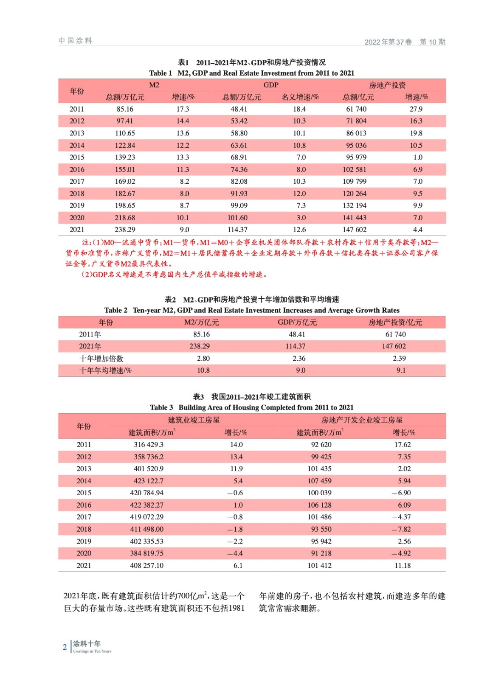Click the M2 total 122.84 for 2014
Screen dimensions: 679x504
click(125, 145)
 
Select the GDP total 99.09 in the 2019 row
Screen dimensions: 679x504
click(239, 205)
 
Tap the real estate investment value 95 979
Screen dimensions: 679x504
click(356, 157)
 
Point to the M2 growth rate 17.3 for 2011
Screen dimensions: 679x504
click(183, 109)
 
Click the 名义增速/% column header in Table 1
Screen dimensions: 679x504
click(300, 97)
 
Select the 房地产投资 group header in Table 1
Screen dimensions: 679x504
click(387, 85)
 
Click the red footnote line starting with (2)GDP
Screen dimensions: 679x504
click(175, 275)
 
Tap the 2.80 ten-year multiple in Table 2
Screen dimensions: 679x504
click(203, 359)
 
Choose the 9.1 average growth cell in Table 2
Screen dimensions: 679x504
click(401, 370)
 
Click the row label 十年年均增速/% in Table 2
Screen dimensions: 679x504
click(105, 370)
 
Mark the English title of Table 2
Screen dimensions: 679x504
click(252, 310)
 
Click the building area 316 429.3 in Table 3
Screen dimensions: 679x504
click(148, 445)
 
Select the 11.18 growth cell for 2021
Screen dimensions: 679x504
click(402, 566)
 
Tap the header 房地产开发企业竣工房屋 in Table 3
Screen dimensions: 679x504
click(362, 420)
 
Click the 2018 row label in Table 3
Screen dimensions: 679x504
click(84, 529)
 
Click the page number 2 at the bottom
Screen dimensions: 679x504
click(65, 647)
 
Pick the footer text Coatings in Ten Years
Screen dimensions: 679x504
click(92, 651)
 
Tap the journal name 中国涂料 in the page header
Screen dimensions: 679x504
click(76, 41)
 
